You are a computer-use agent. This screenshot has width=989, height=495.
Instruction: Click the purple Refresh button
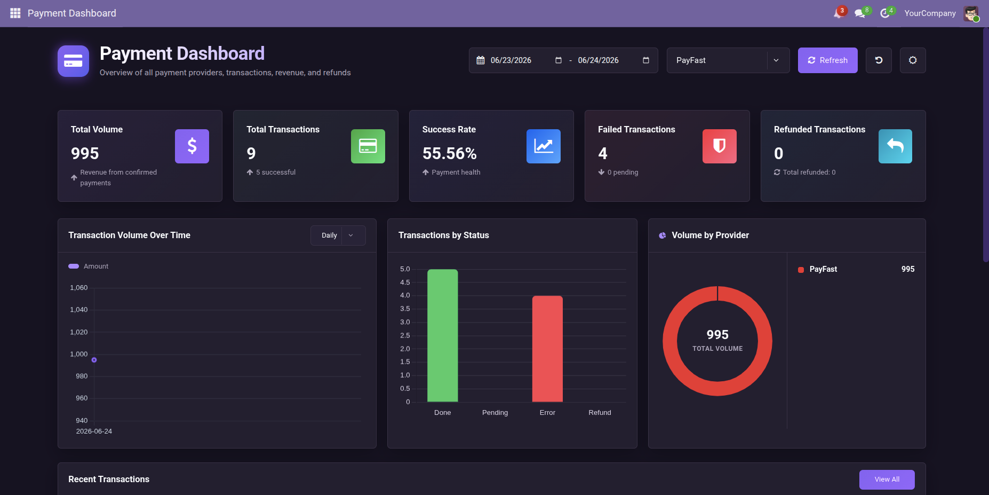tap(827, 60)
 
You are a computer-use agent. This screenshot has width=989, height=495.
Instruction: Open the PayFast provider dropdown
tap(728, 60)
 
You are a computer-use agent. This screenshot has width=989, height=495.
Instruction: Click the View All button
tap(887, 480)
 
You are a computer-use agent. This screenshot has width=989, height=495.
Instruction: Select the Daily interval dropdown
tap(338, 235)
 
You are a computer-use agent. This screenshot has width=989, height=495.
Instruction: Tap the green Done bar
tap(443, 335)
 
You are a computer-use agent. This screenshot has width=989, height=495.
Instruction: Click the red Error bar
tap(547, 349)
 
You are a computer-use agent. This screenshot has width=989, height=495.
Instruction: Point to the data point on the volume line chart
tap(94, 360)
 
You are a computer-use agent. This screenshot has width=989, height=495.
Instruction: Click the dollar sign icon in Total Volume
tap(192, 146)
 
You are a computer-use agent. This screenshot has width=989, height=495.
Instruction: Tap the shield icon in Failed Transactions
tap(720, 146)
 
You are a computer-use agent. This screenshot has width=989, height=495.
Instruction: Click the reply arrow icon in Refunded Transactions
tap(895, 146)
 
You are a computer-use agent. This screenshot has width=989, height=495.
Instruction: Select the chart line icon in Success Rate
tap(544, 146)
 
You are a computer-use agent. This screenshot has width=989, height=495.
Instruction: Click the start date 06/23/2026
tap(511, 60)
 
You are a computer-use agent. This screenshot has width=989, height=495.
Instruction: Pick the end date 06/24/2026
tap(598, 60)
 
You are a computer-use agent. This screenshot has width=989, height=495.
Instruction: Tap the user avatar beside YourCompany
tap(971, 13)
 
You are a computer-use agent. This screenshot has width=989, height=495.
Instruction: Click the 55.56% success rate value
tap(450, 154)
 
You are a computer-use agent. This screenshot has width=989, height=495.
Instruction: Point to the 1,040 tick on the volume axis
tap(79, 310)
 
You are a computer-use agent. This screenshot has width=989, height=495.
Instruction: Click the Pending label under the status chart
tap(495, 413)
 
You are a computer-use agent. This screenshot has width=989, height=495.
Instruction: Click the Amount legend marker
tap(74, 266)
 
